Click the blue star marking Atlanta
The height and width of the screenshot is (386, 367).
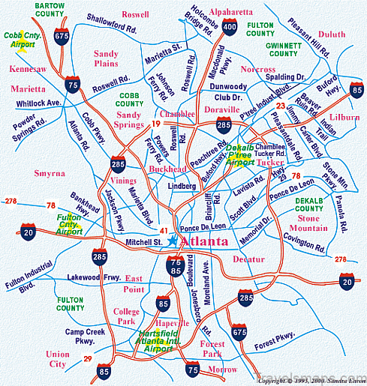[173, 241]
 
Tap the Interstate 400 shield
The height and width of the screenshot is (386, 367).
[230, 28]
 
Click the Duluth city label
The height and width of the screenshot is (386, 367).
[331, 34]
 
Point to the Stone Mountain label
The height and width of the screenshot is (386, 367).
[302, 223]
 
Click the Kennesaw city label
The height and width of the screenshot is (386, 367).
[28, 69]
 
